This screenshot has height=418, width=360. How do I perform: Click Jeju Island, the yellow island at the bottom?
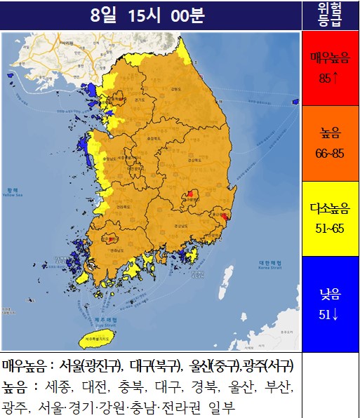tap(97, 339)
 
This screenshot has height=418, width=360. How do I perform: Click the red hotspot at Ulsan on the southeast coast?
tap(224, 218)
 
